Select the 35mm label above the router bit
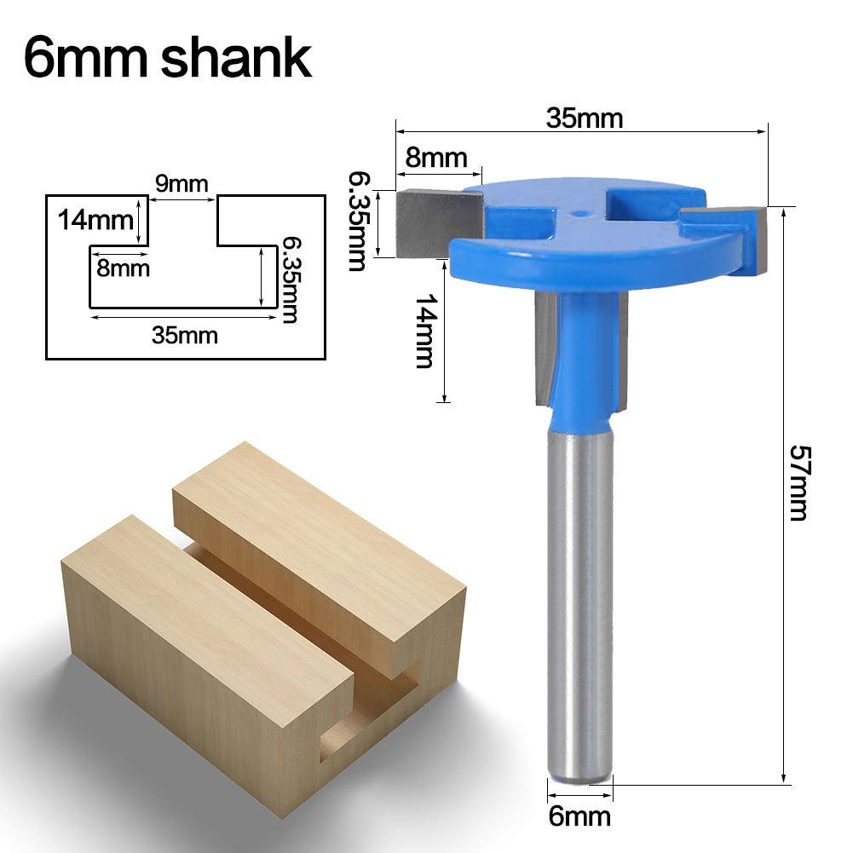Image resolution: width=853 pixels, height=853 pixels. tap(585, 118)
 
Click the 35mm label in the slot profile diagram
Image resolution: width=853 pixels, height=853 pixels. tap(185, 335)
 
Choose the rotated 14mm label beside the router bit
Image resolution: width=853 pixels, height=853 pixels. tap(424, 331)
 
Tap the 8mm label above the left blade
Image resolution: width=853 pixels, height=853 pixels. tap(436, 158)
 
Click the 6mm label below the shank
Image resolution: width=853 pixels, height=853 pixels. tap(579, 816)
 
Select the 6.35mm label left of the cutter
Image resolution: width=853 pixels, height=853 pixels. tap(358, 221)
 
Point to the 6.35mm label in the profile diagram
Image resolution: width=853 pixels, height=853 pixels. tap(288, 280)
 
